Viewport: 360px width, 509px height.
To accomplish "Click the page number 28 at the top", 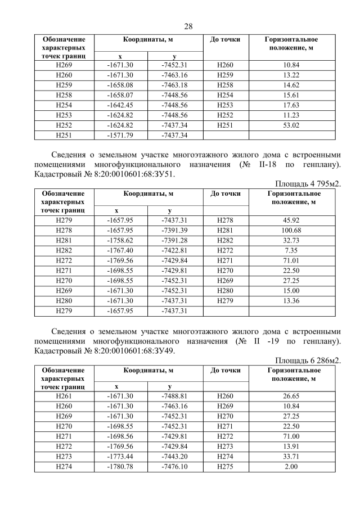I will (x=188, y=26).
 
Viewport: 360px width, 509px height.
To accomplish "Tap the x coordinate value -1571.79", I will (x=120, y=135).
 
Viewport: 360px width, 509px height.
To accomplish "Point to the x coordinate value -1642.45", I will (x=120, y=105).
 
